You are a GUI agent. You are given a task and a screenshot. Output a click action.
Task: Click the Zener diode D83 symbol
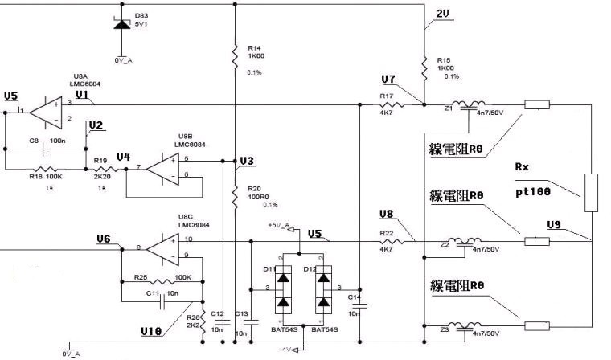pos(121,24)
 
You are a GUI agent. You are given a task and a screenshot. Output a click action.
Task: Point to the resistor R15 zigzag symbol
pos(424,63)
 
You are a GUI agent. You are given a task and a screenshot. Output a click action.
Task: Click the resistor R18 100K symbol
pos(45,170)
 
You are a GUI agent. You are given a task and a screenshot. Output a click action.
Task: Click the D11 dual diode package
pos(283,288)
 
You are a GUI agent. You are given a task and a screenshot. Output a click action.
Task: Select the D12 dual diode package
pos(323,288)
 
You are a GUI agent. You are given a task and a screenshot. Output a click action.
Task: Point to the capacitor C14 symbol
pos(359,305)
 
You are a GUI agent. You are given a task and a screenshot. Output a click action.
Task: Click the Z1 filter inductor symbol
pos(467,105)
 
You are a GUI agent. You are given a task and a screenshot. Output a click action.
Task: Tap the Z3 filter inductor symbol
pos(467,326)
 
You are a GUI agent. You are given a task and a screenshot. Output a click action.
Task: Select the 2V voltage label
pos(443,14)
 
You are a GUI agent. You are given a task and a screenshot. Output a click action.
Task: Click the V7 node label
pos(388,80)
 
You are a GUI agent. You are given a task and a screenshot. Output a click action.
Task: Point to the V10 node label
pos(152,330)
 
